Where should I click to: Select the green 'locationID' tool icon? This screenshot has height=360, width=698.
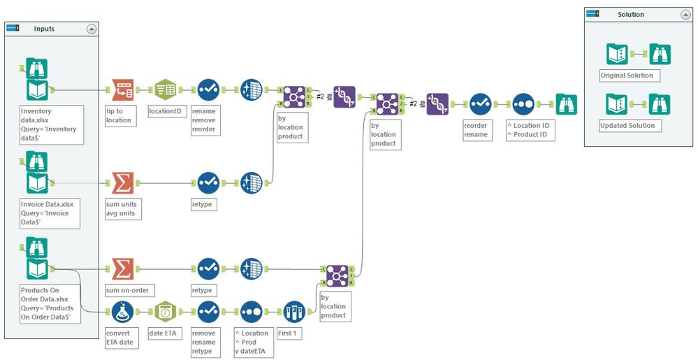165,89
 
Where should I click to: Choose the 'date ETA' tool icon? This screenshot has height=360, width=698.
165,311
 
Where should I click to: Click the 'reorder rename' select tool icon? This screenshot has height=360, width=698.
480,104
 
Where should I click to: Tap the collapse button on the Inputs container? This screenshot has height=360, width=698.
91,29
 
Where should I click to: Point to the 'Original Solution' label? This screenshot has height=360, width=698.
627,75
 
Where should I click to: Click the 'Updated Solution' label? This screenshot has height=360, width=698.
627,126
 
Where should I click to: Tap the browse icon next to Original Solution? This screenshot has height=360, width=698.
660,54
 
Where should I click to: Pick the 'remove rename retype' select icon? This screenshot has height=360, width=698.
208,311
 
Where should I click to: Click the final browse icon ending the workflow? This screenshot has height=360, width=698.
567,104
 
